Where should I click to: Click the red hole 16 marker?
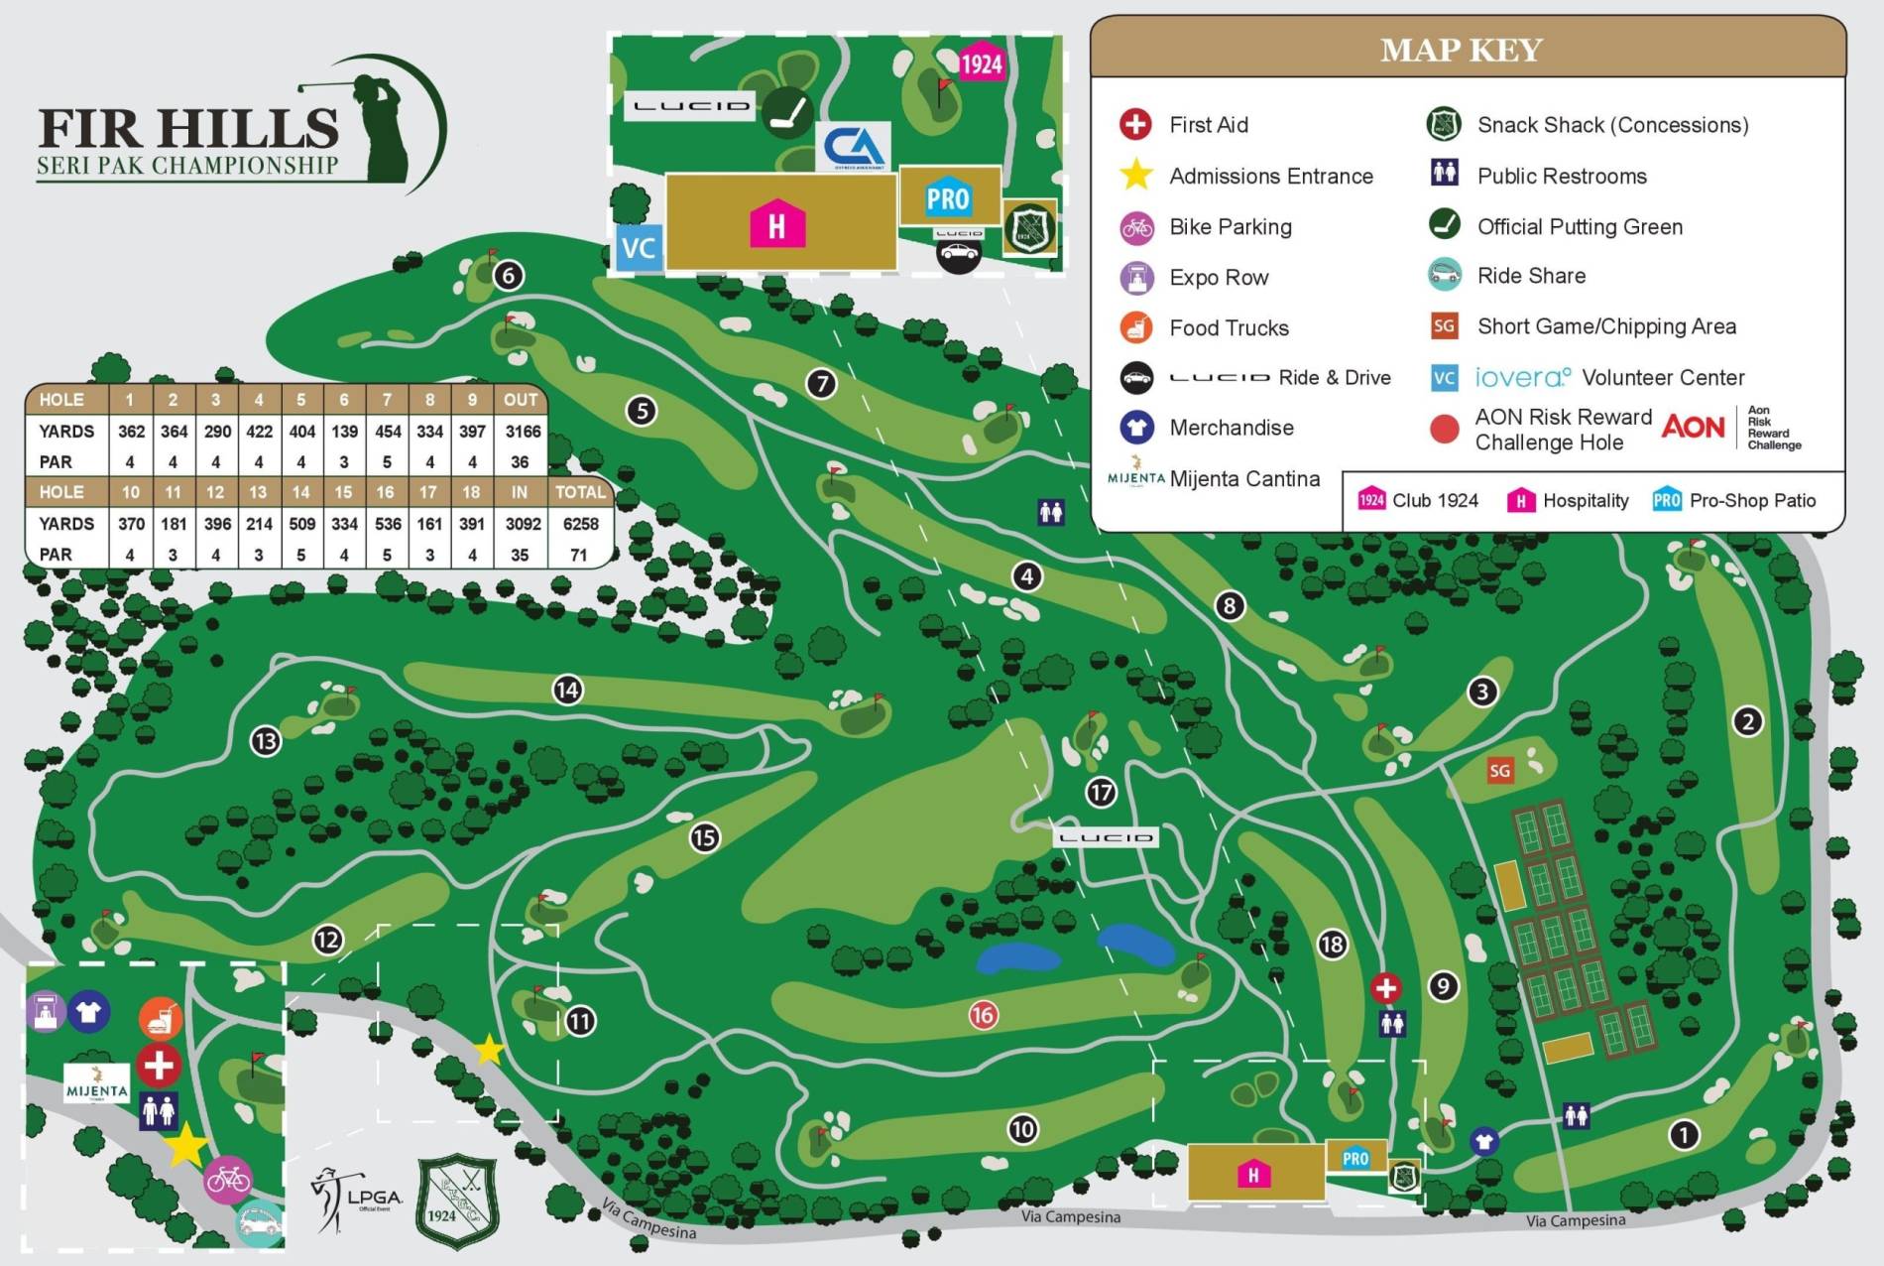tap(983, 1014)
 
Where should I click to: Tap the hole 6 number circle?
tap(509, 275)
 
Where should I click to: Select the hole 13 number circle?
tap(266, 740)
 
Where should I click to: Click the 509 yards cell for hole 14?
tap(301, 523)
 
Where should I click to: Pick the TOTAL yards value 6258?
tap(580, 523)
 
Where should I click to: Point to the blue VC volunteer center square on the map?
tap(638, 247)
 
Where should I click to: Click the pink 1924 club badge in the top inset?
tap(981, 64)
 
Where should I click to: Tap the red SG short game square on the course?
tap(1499, 770)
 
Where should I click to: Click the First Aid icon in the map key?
tap(1135, 124)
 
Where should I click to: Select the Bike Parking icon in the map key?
tap(1136, 227)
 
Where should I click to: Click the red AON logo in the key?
tap(1693, 427)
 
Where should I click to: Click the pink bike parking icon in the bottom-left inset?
tap(228, 1179)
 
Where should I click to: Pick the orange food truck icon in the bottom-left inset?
tap(161, 1018)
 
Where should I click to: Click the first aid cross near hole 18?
tap(1385, 987)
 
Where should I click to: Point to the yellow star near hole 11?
tap(489, 1049)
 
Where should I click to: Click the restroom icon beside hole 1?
tap(1576, 1115)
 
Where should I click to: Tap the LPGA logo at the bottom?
tap(357, 1199)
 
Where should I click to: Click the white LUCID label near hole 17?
tap(1106, 837)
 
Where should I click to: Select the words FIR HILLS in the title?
tap(188, 129)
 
